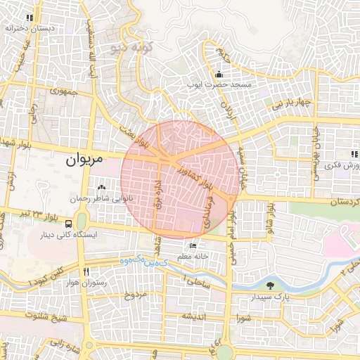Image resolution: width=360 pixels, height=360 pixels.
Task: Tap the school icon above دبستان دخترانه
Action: pos(30,18)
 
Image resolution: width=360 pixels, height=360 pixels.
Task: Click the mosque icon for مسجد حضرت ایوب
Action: pos(219,75)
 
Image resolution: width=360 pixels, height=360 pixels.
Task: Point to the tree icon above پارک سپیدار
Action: pos(271,285)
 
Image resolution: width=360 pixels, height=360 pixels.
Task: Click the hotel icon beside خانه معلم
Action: pos(193,246)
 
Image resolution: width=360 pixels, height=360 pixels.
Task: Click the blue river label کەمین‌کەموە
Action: pos(147,261)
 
